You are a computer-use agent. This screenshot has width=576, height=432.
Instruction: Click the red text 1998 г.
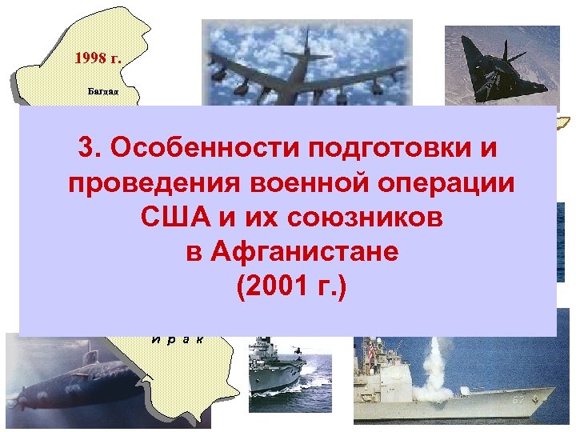(97, 58)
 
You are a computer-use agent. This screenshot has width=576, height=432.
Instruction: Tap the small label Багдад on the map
(103, 92)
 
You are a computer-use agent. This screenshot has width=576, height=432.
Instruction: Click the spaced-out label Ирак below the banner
(178, 338)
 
